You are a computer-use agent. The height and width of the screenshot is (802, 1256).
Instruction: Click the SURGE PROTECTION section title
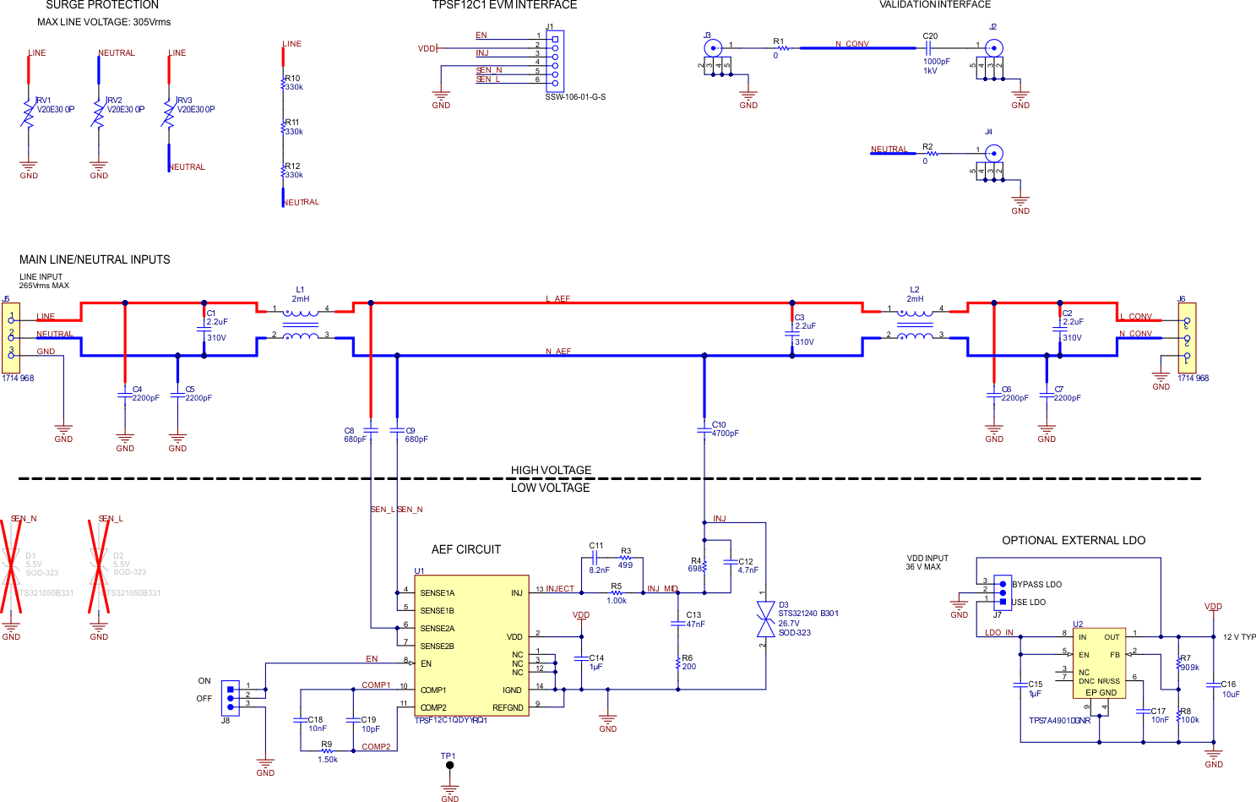pyautogui.click(x=101, y=5)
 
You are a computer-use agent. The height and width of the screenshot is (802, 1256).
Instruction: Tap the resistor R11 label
pyautogui.click(x=292, y=123)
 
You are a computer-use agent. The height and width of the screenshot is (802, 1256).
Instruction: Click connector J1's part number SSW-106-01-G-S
pyautogui.click(x=575, y=97)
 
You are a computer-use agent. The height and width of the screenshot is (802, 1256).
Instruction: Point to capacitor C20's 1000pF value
pyautogui.click(x=936, y=62)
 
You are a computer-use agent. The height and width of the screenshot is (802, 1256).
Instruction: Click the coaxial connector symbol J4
pyautogui.click(x=995, y=154)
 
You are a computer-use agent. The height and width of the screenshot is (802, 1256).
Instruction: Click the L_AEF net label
pyautogui.click(x=557, y=299)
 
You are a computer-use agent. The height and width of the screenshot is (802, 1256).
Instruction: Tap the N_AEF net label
pyautogui.click(x=557, y=352)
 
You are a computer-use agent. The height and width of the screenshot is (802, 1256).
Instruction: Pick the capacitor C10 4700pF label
pyautogui.click(x=725, y=434)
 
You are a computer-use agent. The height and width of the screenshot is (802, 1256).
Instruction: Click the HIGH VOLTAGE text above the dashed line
pyautogui.click(x=551, y=470)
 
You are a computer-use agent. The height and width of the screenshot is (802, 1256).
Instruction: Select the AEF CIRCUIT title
pyautogui.click(x=466, y=549)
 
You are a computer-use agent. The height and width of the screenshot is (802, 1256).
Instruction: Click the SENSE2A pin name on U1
pyautogui.click(x=437, y=629)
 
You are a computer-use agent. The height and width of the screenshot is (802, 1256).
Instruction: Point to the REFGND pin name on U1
pyautogui.click(x=508, y=708)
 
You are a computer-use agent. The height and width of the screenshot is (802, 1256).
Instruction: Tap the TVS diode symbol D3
pyautogui.click(x=765, y=619)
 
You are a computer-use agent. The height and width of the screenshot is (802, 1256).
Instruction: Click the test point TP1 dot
pyautogui.click(x=449, y=766)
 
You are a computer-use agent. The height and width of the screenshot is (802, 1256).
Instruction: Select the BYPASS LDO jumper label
pyautogui.click(x=1036, y=585)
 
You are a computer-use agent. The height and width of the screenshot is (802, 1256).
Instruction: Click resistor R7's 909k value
pyautogui.click(x=1189, y=668)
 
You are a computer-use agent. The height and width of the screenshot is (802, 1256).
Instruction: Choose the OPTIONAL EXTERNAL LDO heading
pyautogui.click(x=1074, y=541)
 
